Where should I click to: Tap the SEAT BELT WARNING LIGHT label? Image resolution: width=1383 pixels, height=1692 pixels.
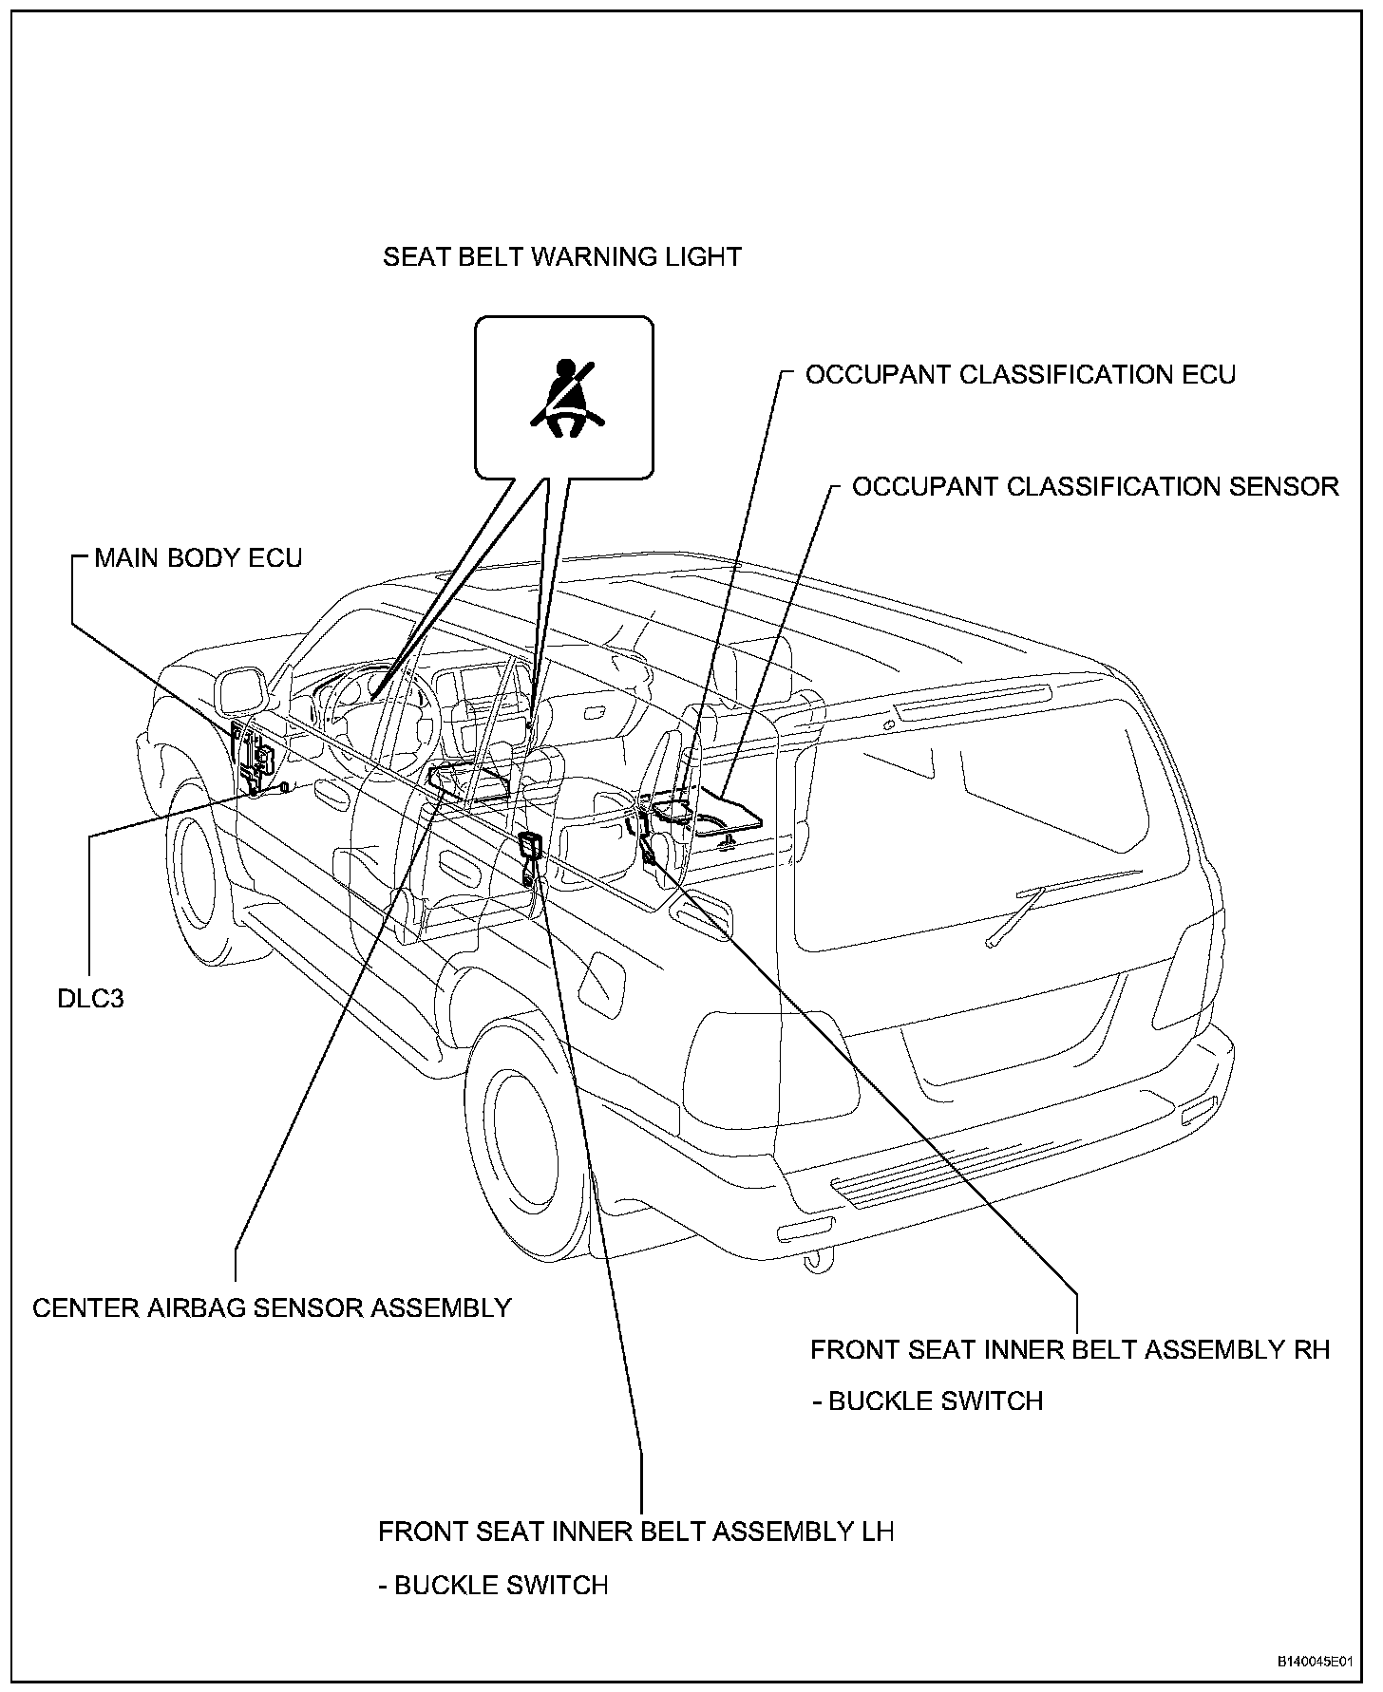561,256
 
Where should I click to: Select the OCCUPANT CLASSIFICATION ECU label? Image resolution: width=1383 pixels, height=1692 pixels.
1020,374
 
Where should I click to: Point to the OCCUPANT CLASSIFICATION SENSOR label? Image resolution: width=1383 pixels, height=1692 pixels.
1094,486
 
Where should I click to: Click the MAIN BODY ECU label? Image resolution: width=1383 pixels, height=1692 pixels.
198,557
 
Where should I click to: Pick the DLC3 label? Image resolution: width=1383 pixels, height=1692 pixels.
90,999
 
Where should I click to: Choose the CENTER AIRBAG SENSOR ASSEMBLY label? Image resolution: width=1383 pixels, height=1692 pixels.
272,1307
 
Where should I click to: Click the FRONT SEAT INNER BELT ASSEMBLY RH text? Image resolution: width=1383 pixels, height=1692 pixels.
1070,1349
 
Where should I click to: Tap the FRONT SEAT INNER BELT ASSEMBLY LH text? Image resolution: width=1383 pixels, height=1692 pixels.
635,1532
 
